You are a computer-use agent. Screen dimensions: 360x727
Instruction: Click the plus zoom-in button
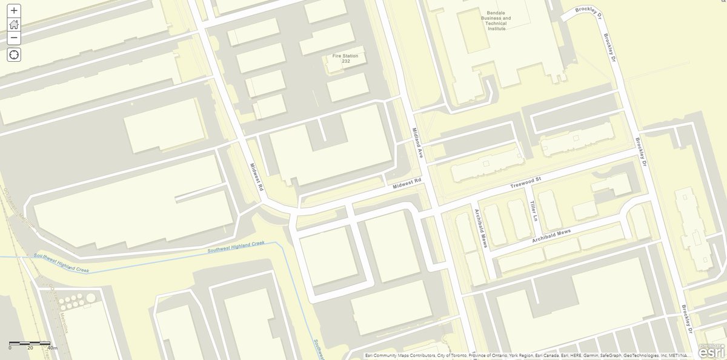point(14,10)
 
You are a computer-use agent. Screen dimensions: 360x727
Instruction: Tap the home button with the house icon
point(14,24)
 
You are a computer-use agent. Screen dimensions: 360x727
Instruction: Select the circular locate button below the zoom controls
point(14,55)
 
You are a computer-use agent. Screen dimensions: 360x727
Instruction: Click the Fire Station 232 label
point(345,59)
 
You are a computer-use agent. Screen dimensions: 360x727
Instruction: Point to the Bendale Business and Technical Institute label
point(496,19)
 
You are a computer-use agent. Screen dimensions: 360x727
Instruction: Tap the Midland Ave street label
point(417,142)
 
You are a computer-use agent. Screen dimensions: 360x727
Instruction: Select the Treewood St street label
point(525,180)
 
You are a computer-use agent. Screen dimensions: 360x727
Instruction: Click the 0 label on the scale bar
point(10,348)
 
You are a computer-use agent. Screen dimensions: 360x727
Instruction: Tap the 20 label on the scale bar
point(30,348)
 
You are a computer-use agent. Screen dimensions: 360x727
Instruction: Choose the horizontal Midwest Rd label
point(407,183)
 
